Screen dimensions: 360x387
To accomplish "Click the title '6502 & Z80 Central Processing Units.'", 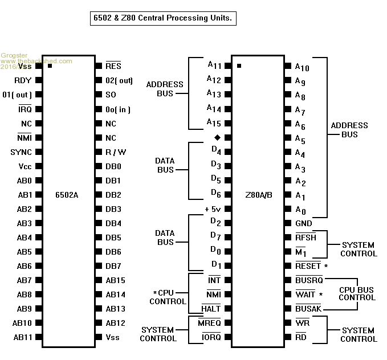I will pyautogui.click(x=163, y=18).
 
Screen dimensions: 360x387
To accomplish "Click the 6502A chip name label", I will pyautogui.click(x=67, y=195).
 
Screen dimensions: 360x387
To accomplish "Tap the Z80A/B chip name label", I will pyautogui.click(x=258, y=195).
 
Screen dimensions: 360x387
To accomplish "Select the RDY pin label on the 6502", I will pyautogui.click(x=23, y=80).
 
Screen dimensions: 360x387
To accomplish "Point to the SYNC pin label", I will pyautogui.click(x=21, y=152).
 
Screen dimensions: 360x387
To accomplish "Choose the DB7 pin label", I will pyautogui.click(x=113, y=266).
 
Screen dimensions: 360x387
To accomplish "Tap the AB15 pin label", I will pyautogui.click(x=115, y=280).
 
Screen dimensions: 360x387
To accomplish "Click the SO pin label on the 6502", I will pyautogui.click(x=111, y=95).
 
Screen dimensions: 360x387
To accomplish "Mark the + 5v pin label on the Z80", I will pyautogui.click(x=213, y=209).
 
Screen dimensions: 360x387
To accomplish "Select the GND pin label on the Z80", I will pyautogui.click(x=303, y=223).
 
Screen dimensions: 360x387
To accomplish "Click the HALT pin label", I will pyautogui.click(x=211, y=309).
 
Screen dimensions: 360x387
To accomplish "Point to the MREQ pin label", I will pyautogui.click(x=209, y=323).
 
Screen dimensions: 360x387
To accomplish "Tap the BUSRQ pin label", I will pyautogui.click(x=309, y=280).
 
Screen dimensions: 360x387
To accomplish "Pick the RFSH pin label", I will pyautogui.click(x=305, y=238).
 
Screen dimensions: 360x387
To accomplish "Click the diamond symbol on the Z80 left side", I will pyautogui.click(x=217, y=137).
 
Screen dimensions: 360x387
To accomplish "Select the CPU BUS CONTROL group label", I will pyautogui.click(x=357, y=293).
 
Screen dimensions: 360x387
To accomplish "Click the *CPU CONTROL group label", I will pyautogui.click(x=167, y=297).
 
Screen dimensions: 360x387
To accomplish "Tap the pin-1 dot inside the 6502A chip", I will pyautogui.click(x=50, y=66).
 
